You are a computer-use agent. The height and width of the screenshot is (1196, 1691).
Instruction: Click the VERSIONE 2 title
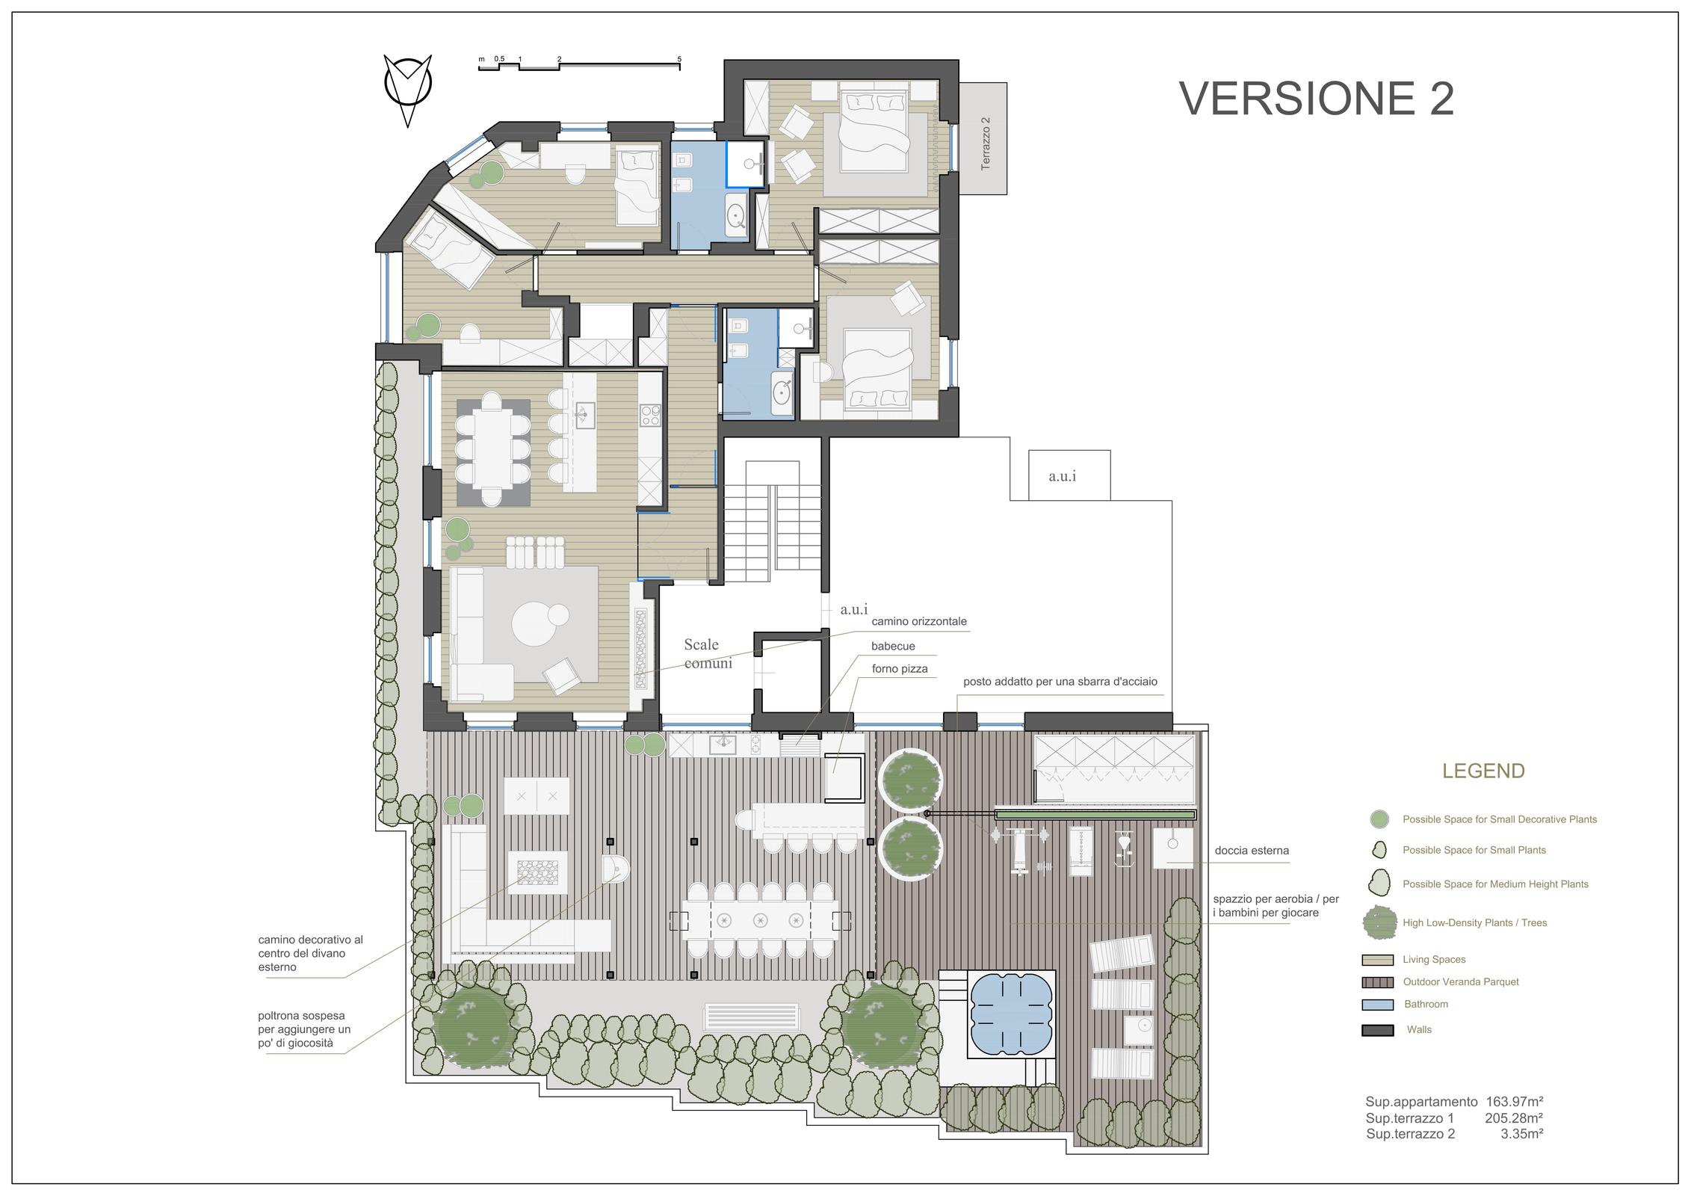point(1317,99)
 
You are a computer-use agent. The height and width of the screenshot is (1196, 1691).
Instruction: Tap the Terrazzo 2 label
point(985,143)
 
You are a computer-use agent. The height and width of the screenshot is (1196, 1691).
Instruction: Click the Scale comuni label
point(708,653)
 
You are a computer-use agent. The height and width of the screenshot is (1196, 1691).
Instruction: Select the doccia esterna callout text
point(1252,851)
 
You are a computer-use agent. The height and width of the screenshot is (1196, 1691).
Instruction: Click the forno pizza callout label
point(900,669)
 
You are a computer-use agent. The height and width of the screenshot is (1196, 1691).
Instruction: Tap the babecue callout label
point(893,647)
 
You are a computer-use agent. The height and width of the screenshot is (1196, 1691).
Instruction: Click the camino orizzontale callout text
point(919,621)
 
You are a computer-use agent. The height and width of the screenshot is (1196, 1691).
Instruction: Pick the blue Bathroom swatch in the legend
point(1377,1005)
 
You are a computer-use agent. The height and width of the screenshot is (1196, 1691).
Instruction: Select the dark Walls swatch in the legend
point(1377,1030)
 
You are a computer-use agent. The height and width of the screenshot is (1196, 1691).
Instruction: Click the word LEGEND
point(1483,771)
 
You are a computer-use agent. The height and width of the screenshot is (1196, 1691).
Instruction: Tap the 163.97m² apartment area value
point(1515,1102)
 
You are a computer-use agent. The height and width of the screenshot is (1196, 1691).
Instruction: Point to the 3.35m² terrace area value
point(1522,1134)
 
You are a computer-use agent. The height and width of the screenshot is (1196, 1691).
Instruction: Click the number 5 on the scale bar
point(679,58)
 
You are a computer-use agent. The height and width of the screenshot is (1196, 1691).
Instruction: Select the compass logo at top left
point(408,90)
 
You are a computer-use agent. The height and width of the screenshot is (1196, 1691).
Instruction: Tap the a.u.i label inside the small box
point(1062,476)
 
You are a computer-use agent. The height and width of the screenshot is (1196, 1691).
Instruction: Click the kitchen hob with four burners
point(650,415)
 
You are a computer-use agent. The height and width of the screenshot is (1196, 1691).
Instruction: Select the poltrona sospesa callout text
point(304,1029)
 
